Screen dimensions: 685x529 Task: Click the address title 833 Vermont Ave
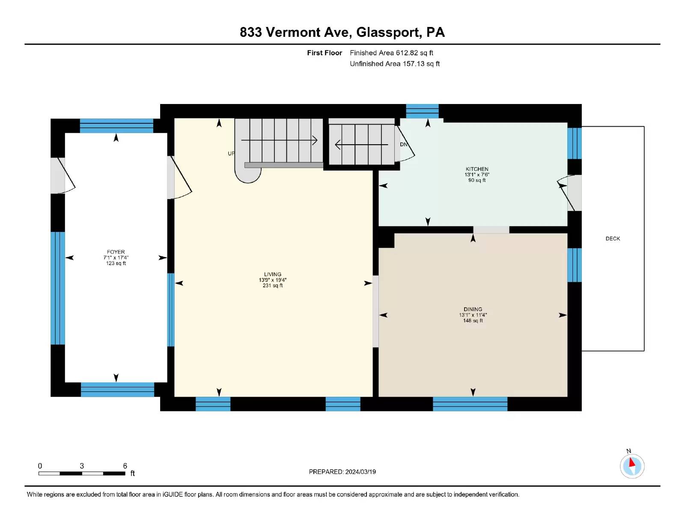coord(295,32)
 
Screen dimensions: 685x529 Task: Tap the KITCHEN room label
coord(477,169)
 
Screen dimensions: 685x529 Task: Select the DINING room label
coord(473,309)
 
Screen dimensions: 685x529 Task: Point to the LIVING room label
coord(273,274)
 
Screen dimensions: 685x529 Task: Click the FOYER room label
coord(116,252)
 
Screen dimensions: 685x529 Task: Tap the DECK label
coord(613,238)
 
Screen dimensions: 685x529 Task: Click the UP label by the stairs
coord(231,154)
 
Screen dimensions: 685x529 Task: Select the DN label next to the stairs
coord(403,144)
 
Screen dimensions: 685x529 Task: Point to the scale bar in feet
coord(82,473)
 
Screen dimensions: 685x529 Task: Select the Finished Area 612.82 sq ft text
coord(391,53)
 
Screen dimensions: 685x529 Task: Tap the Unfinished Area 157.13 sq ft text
coord(395,64)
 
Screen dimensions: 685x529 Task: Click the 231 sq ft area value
coord(273,285)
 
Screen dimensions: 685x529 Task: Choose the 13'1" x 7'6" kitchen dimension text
coord(477,175)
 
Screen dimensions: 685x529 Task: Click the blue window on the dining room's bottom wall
coord(470,404)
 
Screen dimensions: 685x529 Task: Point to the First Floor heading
coord(325,53)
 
